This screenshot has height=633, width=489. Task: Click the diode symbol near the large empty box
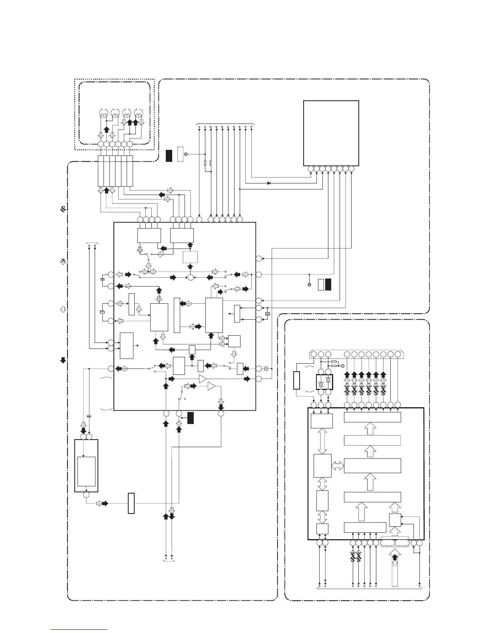tap(269, 183)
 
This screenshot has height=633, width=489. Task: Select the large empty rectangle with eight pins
tap(331, 133)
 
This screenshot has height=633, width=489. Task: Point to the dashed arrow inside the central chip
tap(137, 345)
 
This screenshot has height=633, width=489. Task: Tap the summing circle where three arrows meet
tap(191, 277)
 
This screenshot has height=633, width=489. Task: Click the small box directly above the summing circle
tap(190, 257)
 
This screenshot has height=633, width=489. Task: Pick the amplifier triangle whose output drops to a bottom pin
tap(211, 386)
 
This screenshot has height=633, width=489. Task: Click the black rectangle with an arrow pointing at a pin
tap(191, 418)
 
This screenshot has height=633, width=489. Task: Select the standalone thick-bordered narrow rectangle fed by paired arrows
tap(131, 504)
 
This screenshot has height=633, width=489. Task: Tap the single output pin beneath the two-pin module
tap(86, 495)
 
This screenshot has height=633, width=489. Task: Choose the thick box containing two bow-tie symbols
tap(324, 382)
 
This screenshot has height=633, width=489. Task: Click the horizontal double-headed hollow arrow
tap(338, 465)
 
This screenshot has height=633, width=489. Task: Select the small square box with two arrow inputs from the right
tap(395, 520)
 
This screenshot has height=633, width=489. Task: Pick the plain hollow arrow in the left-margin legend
tap(63, 309)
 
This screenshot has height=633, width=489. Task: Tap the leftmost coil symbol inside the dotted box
tap(103, 113)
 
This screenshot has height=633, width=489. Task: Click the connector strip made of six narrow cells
tap(115, 171)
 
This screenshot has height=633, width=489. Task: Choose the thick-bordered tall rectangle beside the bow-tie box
tap(296, 380)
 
